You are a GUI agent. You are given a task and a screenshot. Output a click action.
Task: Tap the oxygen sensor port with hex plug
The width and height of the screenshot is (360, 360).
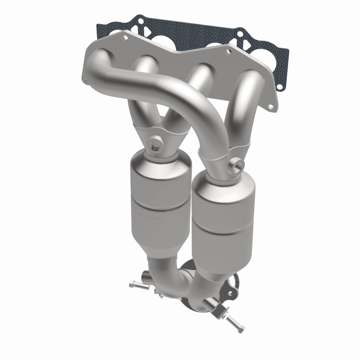click(154, 144)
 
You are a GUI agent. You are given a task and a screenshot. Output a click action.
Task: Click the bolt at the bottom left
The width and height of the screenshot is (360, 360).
click(135, 284)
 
